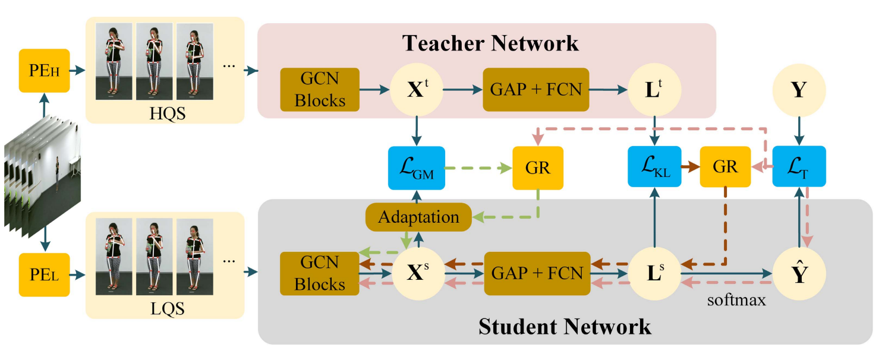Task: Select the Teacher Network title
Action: point(490,43)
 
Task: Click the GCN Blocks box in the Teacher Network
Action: point(320,90)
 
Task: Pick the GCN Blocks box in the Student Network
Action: point(319,273)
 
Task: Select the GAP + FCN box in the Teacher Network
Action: point(536,90)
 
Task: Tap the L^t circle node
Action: point(654,90)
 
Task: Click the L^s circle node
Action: point(654,273)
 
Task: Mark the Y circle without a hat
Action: point(798,90)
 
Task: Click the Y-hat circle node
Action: point(798,273)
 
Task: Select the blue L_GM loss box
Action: point(415,168)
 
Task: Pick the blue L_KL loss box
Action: point(654,168)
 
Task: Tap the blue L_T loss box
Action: point(798,167)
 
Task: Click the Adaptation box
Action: point(419,217)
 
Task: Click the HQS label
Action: point(167,112)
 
